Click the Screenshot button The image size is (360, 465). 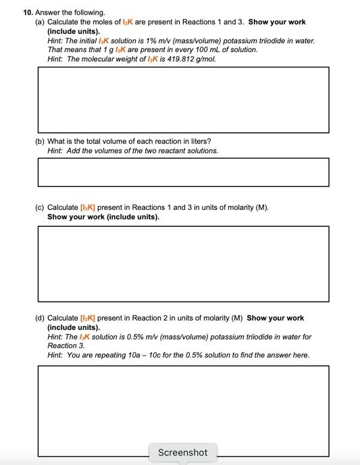(x=182, y=452)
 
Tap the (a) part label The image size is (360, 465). (x=39, y=22)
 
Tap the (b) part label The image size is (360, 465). (x=39, y=141)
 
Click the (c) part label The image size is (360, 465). (x=39, y=207)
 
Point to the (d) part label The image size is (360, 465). (x=39, y=318)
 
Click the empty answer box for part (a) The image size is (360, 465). (x=183, y=99)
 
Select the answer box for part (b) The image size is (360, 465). (x=183, y=172)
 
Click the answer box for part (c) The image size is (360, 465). (x=183, y=263)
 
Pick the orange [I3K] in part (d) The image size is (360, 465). (x=91, y=318)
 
